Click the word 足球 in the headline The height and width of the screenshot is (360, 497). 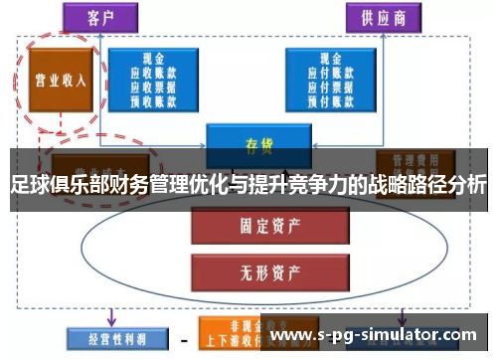tap(26, 185)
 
